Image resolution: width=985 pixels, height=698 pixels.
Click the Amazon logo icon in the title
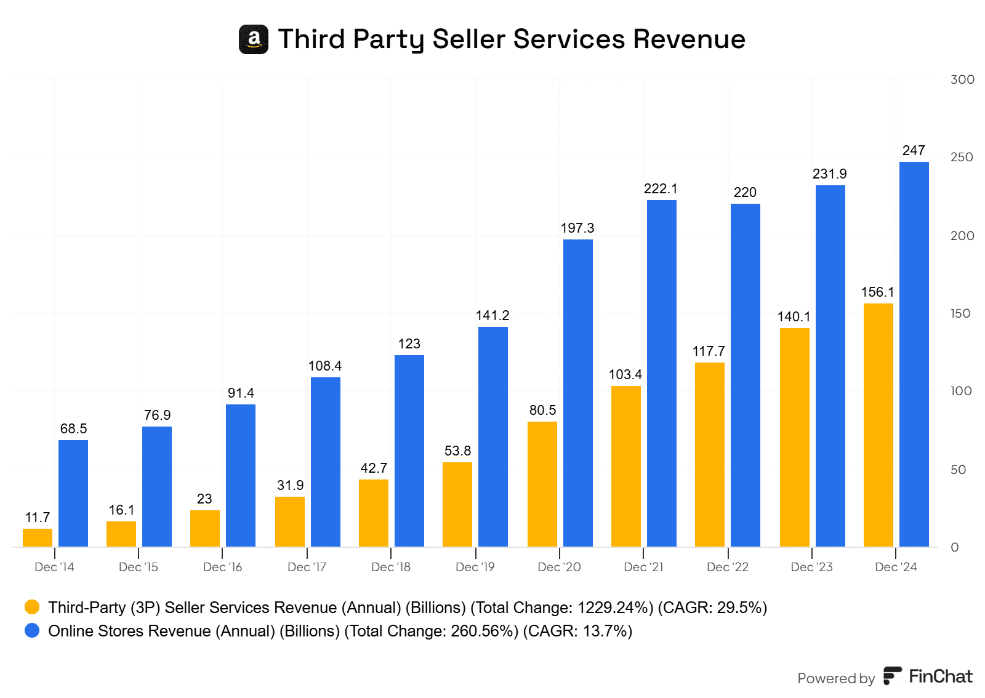tap(253, 39)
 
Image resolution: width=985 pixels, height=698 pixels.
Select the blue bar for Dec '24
tap(914, 354)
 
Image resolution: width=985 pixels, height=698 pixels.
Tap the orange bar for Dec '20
tap(542, 484)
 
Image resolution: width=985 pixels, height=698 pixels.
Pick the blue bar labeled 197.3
tap(577, 393)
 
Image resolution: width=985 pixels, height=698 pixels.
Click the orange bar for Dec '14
tap(38, 537)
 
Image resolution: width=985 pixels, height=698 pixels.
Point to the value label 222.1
tap(660, 189)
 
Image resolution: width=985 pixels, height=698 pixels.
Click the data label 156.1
tap(877, 292)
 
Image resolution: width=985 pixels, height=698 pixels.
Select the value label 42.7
tap(374, 468)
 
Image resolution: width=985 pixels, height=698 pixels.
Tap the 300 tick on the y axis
tap(962, 79)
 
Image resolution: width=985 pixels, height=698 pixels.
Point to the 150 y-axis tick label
tap(960, 313)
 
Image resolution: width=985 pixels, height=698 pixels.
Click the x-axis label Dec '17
tap(307, 567)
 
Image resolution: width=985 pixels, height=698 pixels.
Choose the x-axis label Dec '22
tap(727, 567)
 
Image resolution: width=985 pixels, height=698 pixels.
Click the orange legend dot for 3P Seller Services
tap(32, 608)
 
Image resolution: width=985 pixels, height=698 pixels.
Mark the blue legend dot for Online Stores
tap(32, 631)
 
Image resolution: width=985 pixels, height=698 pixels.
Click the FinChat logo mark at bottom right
tap(892, 676)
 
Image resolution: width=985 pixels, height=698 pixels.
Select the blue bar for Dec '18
tap(409, 451)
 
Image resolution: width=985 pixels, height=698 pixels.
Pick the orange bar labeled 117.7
tap(709, 454)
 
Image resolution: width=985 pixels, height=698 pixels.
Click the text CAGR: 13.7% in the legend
tap(577, 631)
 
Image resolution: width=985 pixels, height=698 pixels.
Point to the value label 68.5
tap(73, 429)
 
